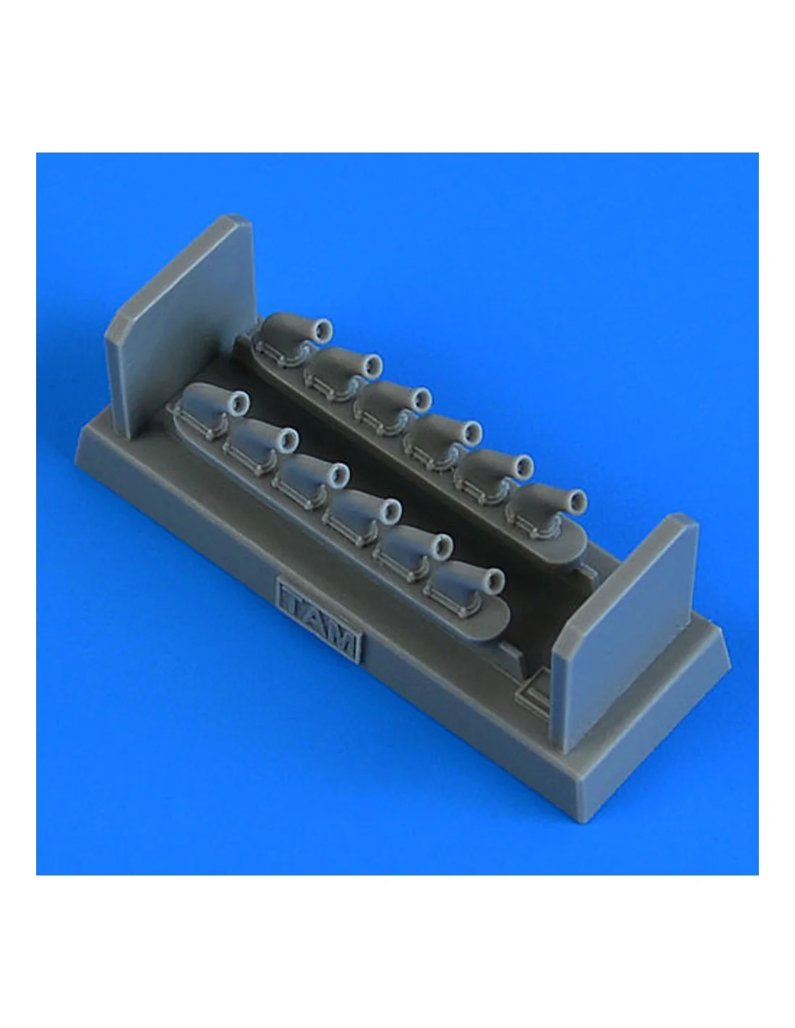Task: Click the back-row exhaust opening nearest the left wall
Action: pos(323,327)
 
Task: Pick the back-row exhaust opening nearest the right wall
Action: pos(577,500)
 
